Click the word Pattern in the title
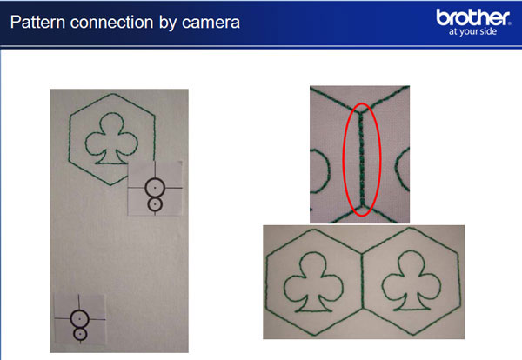coord(37,23)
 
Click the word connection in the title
coord(112,23)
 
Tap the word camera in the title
coord(211,23)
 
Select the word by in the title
coord(168,23)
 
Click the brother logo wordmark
coord(472,17)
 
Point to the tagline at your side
coord(472,31)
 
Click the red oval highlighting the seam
coord(344,160)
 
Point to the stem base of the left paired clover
coord(313,310)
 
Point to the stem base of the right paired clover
coord(412,309)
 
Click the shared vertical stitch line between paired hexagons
coord(362,281)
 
